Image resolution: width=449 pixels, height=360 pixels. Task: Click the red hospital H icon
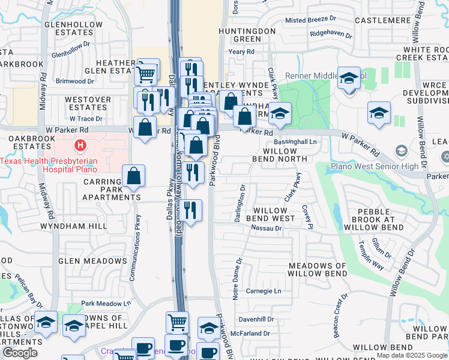tap(79, 146)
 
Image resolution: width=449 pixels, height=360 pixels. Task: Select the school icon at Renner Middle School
tap(349, 79)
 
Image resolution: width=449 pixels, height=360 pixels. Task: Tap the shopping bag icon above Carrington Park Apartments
tap(133, 176)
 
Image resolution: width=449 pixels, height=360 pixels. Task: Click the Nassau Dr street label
tap(266, 229)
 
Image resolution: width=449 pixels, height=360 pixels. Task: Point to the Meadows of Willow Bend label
tap(318, 269)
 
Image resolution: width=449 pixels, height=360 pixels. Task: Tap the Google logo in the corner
tap(20, 353)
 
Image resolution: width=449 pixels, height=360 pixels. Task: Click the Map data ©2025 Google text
tap(411, 355)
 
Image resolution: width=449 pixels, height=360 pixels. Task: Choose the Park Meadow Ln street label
tap(106, 304)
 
